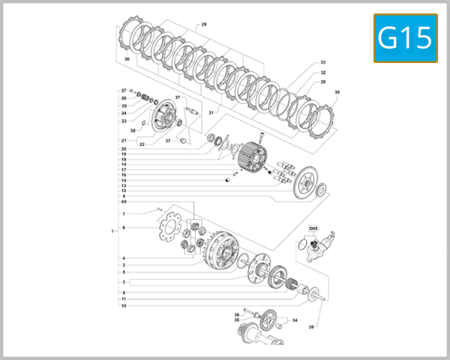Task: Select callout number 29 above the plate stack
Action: pos(204,25)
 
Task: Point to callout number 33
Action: pos(322,62)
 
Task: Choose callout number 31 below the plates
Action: pos(212,113)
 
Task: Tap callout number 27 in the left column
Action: pos(124,90)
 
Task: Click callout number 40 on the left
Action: pos(124,202)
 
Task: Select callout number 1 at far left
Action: pos(112,231)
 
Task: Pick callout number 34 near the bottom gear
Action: pos(295,320)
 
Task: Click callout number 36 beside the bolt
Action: pos(236,314)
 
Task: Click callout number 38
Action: pos(133,130)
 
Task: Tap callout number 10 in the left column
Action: pos(124,306)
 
